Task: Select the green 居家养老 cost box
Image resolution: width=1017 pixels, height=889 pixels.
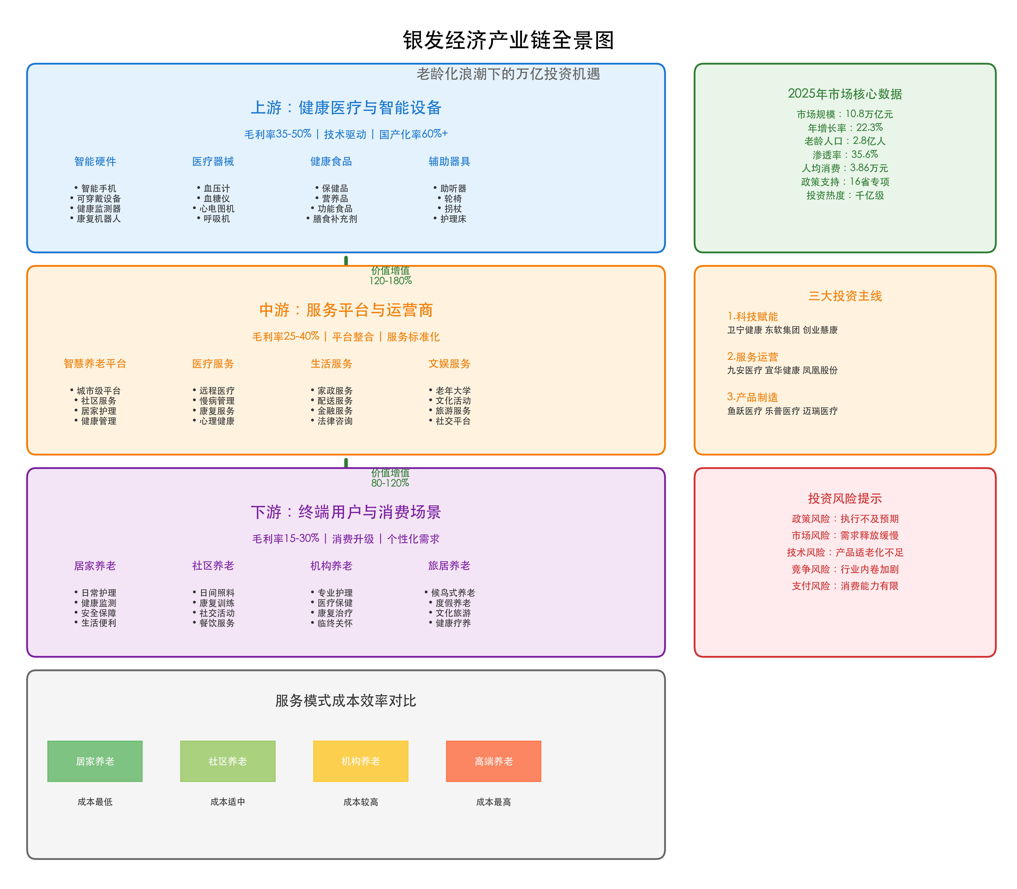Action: click(x=95, y=761)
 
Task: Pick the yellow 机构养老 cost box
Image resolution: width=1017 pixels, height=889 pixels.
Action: click(x=361, y=761)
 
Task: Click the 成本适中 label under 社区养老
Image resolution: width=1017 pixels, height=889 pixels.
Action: click(x=228, y=802)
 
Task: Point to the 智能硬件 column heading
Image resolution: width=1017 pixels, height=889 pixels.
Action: click(x=95, y=161)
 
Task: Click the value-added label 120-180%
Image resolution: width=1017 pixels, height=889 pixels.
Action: click(x=390, y=281)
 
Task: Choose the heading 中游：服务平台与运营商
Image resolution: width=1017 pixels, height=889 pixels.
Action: click(x=346, y=310)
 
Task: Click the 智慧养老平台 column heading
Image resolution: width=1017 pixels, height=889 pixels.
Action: click(x=95, y=364)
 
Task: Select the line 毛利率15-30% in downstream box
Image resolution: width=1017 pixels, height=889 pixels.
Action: click(x=286, y=539)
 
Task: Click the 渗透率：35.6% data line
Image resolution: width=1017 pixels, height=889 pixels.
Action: click(x=845, y=154)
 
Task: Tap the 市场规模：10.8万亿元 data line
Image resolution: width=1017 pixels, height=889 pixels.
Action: click(x=845, y=114)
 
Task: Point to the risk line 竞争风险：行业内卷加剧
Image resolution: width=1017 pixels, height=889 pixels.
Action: click(x=845, y=569)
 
